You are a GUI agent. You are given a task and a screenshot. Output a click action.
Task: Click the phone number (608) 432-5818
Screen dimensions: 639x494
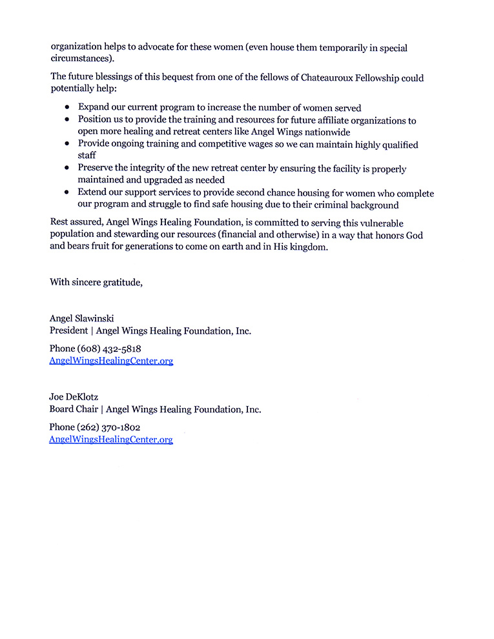point(108,349)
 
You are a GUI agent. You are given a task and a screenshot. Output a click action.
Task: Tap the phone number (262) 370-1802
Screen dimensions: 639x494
point(108,427)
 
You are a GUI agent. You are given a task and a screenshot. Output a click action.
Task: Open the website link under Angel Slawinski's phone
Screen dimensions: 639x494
point(111,361)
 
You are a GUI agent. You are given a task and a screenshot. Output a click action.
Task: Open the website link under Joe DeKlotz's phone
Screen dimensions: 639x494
point(111,440)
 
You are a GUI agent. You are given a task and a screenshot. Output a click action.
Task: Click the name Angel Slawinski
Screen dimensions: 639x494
point(81,318)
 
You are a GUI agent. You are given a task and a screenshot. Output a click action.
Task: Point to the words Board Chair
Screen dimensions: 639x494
point(74,409)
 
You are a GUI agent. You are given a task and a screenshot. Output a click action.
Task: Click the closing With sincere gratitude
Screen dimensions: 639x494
point(96,281)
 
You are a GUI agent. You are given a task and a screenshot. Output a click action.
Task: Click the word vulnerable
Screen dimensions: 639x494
point(364,223)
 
